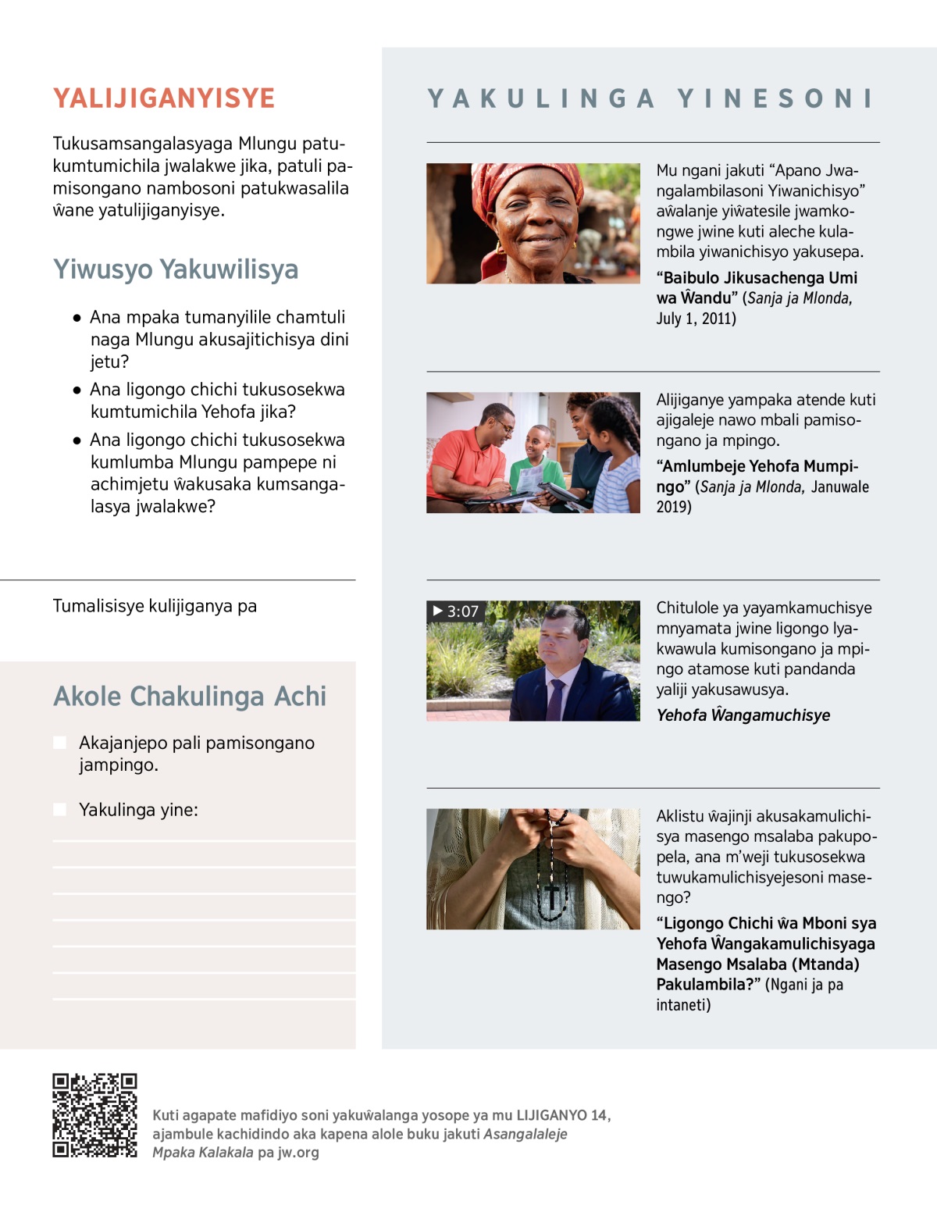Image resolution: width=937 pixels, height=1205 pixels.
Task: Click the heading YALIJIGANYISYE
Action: [x=164, y=98]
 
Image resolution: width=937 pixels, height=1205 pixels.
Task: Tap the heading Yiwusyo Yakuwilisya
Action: [x=176, y=269]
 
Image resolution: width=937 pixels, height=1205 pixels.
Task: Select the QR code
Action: [x=94, y=1115]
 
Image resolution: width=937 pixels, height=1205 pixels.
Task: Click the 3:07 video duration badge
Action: [x=456, y=611]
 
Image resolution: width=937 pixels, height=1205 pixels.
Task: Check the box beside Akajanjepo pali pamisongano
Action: [x=60, y=743]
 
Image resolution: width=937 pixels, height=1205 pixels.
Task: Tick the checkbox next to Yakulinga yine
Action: [x=60, y=810]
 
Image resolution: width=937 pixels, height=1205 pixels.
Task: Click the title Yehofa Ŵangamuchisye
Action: [x=743, y=715]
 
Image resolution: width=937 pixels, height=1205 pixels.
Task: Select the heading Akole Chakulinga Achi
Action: [x=190, y=697]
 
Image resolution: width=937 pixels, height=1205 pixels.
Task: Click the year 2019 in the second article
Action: [x=673, y=507]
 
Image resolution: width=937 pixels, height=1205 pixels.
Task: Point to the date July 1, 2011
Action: [x=696, y=319]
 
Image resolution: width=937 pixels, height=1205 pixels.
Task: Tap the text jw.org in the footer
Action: [x=298, y=1153]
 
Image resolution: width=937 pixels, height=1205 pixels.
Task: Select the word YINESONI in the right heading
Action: [x=775, y=98]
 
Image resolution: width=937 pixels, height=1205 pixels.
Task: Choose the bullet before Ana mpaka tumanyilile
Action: [x=77, y=318]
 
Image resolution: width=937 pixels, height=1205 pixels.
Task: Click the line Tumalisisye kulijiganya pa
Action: [x=155, y=606]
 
